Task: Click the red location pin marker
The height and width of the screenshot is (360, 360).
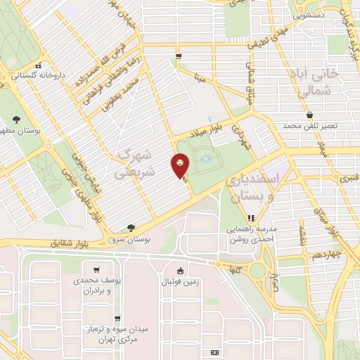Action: [x=181, y=167]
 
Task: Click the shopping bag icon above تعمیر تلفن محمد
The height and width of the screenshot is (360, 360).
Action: [x=309, y=115]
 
